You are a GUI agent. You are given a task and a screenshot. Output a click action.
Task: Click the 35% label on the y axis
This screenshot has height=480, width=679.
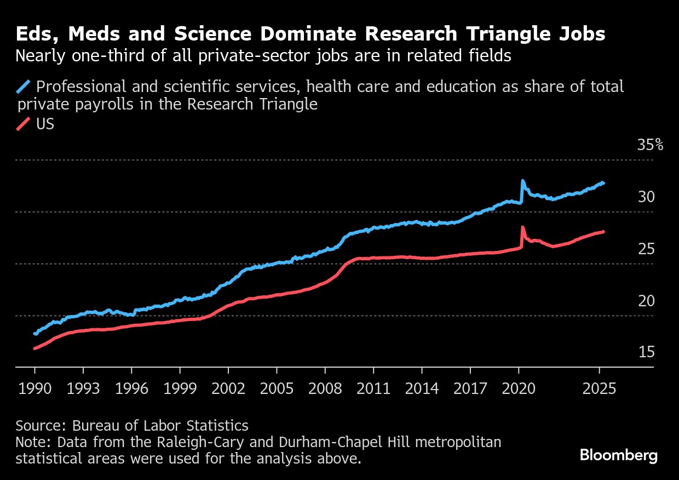pos(650,145)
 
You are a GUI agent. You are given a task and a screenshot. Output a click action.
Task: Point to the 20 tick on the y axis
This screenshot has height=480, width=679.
pos(646,301)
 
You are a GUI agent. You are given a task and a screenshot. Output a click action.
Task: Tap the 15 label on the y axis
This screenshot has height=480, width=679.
pos(646,352)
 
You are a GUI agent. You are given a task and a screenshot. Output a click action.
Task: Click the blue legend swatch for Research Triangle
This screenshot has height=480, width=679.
pos(24,87)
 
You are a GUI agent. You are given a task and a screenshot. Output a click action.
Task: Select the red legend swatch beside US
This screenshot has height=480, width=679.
pos(24,124)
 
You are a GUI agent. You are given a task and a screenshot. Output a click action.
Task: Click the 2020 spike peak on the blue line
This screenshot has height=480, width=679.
pos(522,181)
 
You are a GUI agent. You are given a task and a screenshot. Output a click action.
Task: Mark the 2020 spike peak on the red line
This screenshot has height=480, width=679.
pos(522,227)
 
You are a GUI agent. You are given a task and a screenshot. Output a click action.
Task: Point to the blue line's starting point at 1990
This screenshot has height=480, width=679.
pos(35,333)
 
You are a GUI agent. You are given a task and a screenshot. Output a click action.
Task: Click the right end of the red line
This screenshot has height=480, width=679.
pos(603,232)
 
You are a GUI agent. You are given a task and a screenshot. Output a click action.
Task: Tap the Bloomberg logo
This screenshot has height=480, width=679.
pos(618,455)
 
